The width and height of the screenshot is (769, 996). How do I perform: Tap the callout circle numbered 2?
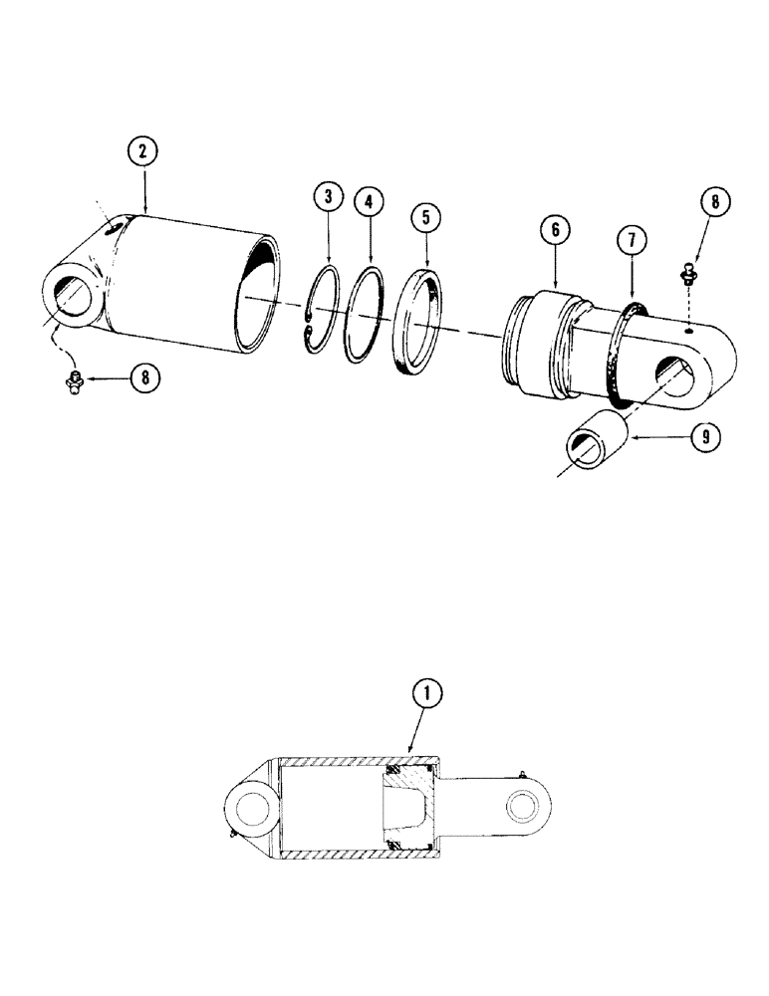coord(144,151)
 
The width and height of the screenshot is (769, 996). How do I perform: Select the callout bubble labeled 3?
coord(327,197)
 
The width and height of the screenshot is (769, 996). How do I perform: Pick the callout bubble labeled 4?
coord(369,202)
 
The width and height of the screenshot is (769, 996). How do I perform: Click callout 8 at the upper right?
coord(712,203)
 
